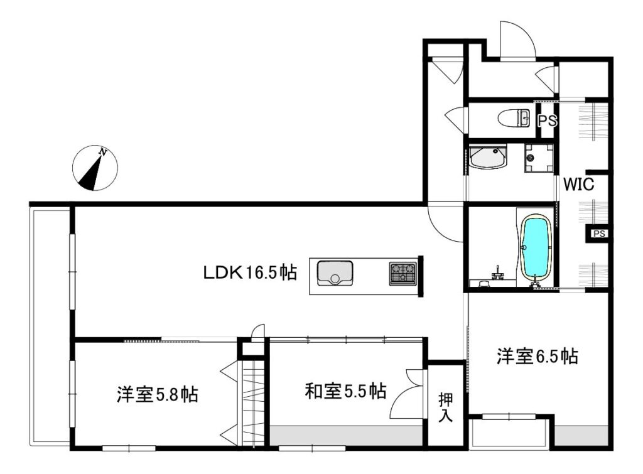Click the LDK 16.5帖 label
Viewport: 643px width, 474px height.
(250, 272)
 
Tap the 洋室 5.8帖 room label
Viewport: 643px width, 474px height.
(158, 394)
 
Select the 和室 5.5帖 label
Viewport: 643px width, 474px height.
(345, 391)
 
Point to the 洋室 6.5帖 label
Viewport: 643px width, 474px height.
(538, 356)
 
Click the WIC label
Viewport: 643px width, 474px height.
(578, 185)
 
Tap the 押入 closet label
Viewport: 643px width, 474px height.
(446, 407)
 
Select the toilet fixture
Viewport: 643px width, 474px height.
(514, 119)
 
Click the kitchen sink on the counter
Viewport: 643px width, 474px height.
(335, 272)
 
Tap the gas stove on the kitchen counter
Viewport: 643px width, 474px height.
(403, 274)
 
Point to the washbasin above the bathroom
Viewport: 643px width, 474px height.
(488, 156)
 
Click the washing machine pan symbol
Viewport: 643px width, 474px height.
(538, 158)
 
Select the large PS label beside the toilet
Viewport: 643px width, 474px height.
(548, 121)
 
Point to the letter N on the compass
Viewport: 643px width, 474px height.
(103, 153)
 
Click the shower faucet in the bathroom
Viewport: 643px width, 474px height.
(498, 273)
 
